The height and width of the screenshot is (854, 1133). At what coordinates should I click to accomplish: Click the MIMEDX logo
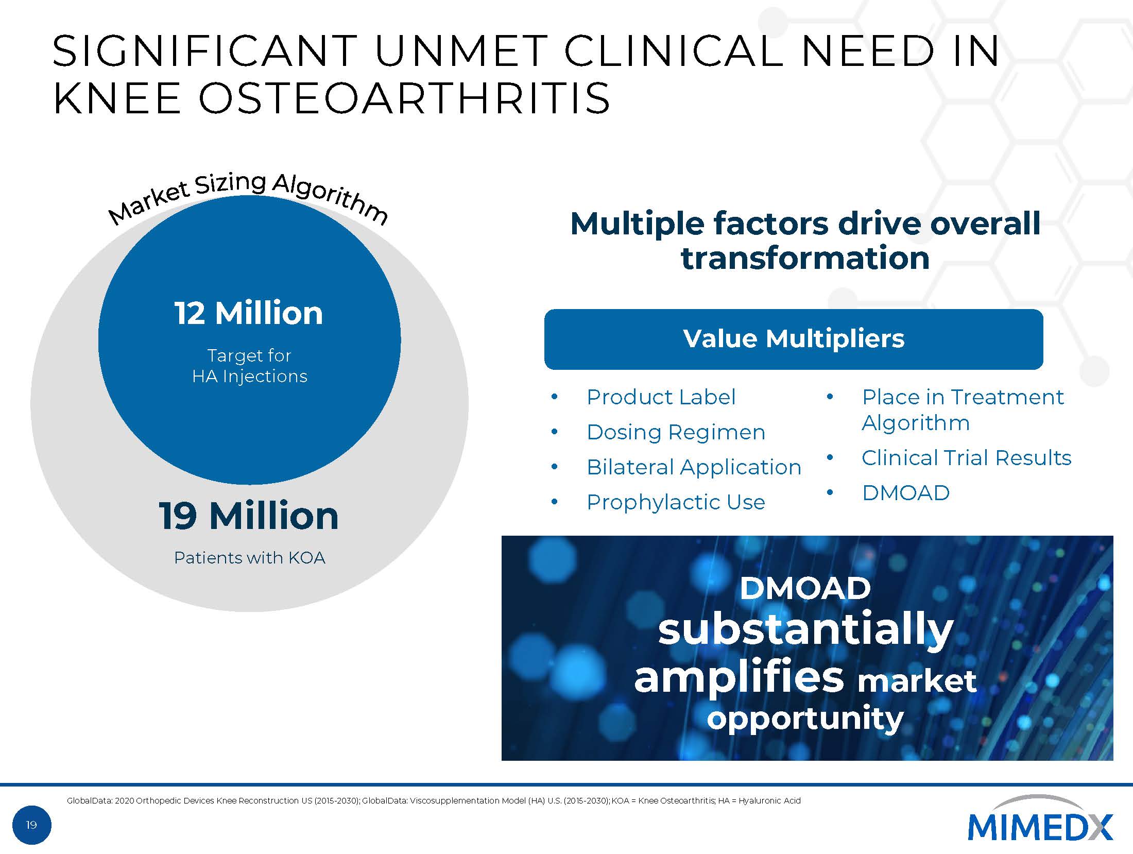tap(1040, 826)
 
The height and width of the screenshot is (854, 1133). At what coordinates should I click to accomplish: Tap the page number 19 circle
tap(31, 825)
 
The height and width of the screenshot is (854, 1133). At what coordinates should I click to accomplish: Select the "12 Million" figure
tap(249, 313)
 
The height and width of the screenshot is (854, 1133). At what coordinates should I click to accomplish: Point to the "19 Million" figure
tap(249, 516)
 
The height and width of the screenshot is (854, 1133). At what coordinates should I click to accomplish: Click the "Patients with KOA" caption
tap(250, 558)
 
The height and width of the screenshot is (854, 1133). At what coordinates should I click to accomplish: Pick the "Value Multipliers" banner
tap(794, 339)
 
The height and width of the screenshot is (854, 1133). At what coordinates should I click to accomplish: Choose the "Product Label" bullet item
tap(661, 397)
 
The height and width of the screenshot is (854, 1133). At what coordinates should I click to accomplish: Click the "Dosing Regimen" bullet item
tap(676, 432)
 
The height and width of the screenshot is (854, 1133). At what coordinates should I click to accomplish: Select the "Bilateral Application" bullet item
tap(694, 467)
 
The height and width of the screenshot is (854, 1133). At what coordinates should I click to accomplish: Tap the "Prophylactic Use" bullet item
tap(676, 502)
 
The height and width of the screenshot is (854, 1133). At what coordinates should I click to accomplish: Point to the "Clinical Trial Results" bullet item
tap(966, 458)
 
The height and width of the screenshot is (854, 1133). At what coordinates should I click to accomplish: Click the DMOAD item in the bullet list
tap(906, 493)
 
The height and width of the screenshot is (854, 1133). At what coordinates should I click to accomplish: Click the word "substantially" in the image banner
tap(806, 629)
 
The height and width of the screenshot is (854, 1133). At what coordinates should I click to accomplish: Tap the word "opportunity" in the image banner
tap(805, 718)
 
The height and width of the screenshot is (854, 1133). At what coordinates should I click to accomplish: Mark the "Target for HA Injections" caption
tap(250, 366)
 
